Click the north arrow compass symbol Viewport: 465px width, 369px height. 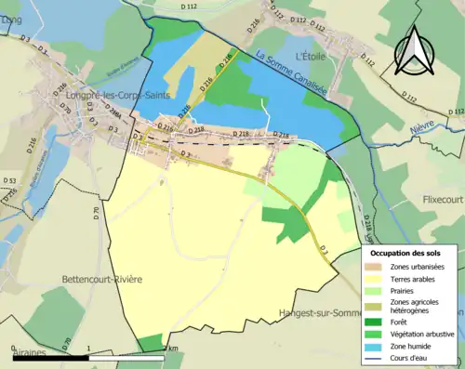[413, 51]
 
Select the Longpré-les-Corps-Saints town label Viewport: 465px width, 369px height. [109, 93]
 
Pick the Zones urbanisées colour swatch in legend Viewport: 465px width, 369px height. [377, 265]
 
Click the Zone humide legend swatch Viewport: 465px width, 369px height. [377, 344]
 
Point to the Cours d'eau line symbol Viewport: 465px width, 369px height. [377, 356]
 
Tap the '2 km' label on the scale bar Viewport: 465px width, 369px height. [170, 349]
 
